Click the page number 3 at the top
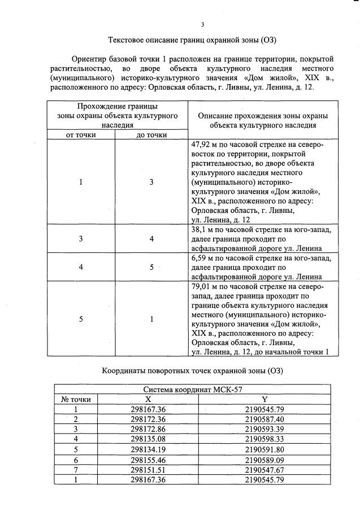point(202,24)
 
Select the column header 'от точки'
point(81,135)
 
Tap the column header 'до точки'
point(151,135)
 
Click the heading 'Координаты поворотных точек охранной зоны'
point(192,371)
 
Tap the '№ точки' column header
point(76,399)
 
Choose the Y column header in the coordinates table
point(264,399)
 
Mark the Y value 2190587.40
point(264,418)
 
